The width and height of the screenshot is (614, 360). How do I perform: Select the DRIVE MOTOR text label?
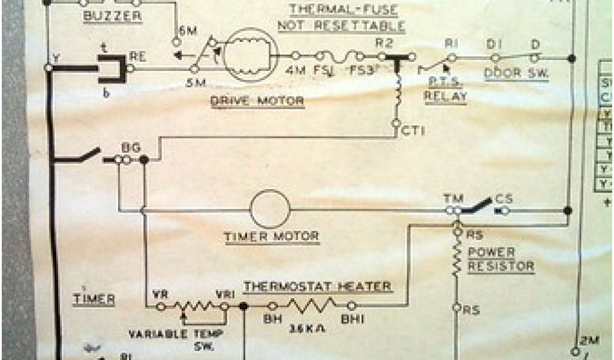pyautogui.click(x=257, y=101)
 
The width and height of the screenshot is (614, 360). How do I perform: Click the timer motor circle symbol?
pyautogui.click(x=270, y=209)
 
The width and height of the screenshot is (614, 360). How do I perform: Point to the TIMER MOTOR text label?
pyautogui.click(x=271, y=236)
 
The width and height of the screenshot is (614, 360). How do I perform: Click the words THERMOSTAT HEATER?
pyautogui.click(x=318, y=286)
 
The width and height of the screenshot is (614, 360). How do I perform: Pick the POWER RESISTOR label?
pyautogui.click(x=500, y=259)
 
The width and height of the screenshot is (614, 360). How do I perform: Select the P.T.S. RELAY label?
pyautogui.click(x=445, y=89)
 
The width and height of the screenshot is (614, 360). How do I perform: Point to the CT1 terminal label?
pyautogui.click(x=413, y=130)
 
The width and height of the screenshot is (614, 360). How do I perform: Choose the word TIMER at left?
pyautogui.click(x=94, y=298)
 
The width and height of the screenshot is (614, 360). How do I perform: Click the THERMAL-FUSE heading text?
pyautogui.click(x=347, y=10)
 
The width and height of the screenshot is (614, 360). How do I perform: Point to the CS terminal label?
pyautogui.click(x=504, y=199)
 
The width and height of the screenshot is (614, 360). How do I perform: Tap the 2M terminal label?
pyautogui.click(x=584, y=340)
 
